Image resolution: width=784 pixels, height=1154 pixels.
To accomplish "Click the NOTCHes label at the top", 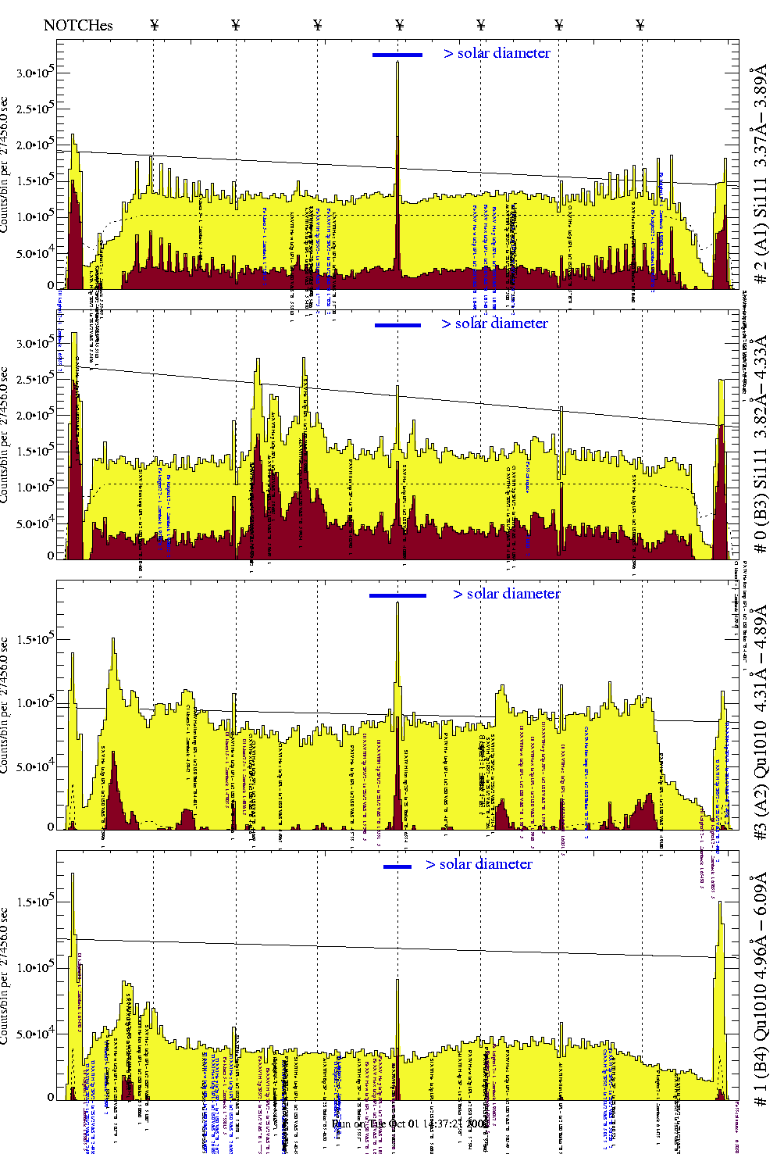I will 78,25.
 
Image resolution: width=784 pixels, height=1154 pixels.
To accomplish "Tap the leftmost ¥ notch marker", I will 154,25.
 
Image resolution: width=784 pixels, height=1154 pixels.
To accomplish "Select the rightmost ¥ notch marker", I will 640,25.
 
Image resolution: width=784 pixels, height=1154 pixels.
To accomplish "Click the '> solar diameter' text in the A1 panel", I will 497,53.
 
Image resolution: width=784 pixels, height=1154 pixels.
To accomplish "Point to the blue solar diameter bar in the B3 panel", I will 397,325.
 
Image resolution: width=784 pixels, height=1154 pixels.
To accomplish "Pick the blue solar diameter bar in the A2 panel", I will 397,595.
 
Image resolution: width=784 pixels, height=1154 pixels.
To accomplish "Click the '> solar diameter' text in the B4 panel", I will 479,864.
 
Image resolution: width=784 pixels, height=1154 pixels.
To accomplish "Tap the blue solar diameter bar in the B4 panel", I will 397,866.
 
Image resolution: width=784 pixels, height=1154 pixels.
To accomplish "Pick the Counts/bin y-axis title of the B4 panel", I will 5,977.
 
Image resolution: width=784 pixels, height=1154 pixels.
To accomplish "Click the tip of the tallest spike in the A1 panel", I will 397,63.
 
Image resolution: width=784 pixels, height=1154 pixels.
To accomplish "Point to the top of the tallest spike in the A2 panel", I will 397,602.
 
